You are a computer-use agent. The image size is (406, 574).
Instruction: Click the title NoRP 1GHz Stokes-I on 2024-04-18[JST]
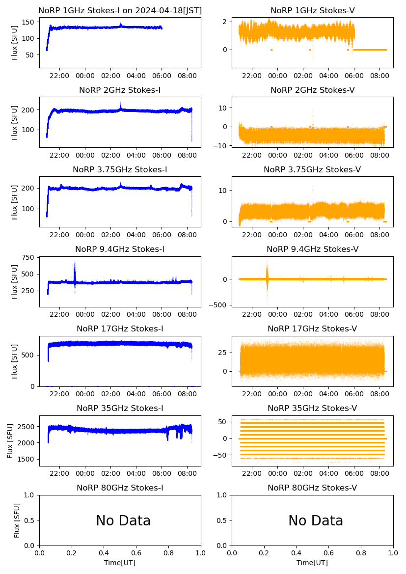tap(120, 11)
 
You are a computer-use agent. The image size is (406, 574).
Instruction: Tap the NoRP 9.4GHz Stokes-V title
tap(312, 249)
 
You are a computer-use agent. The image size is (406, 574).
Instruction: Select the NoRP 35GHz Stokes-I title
tap(120, 409)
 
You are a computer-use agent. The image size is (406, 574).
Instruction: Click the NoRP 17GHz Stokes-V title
tap(312, 329)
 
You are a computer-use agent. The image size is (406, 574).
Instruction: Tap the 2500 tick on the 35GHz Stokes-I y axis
tap(27, 427)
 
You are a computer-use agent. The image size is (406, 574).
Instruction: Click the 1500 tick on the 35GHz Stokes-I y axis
tap(27, 460)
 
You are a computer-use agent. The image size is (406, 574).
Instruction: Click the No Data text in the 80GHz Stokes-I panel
tap(123, 521)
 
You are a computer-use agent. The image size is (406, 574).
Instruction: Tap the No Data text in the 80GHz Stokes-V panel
tap(316, 521)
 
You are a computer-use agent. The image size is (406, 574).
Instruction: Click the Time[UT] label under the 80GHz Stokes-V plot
tap(312, 563)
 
